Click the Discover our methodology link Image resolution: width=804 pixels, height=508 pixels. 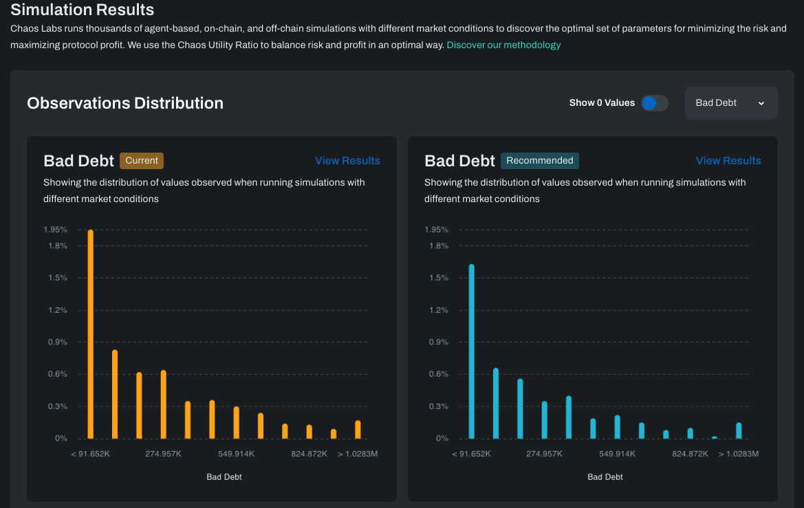click(x=503, y=45)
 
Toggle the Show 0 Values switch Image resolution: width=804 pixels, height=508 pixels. click(x=654, y=103)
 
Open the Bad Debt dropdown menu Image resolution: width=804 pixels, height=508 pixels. click(x=730, y=103)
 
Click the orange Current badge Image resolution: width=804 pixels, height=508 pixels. click(x=142, y=160)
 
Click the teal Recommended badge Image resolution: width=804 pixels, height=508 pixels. click(x=540, y=160)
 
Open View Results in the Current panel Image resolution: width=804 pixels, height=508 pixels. click(x=347, y=160)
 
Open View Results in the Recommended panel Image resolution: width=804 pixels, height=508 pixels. click(x=728, y=160)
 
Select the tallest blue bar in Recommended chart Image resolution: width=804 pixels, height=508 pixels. click(x=472, y=351)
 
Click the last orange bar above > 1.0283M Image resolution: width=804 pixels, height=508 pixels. click(x=358, y=430)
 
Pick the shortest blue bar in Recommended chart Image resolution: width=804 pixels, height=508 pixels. click(x=715, y=437)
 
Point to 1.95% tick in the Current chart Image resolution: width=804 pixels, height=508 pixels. click(x=56, y=230)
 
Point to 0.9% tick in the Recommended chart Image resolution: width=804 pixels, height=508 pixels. click(x=437, y=342)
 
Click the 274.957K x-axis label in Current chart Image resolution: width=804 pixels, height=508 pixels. click(x=163, y=454)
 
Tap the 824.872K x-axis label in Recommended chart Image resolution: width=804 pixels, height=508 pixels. click(x=690, y=454)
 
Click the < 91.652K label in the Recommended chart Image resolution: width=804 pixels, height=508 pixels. click(x=471, y=454)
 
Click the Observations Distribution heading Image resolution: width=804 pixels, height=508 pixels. click(x=125, y=103)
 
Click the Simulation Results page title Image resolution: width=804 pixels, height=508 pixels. click(x=83, y=10)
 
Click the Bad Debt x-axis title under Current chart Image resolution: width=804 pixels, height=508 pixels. click(x=224, y=476)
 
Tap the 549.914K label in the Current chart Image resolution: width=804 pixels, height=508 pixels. click(x=237, y=454)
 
